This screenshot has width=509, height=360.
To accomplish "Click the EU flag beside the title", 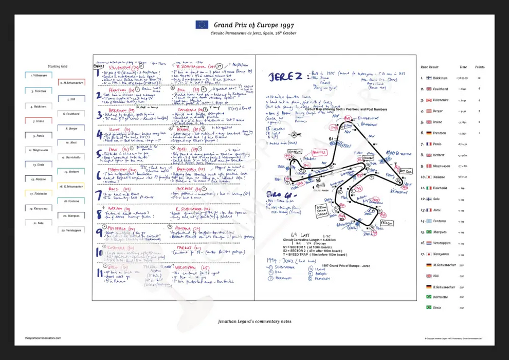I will point(202,24).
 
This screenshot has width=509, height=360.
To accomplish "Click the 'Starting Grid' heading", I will point(58,66).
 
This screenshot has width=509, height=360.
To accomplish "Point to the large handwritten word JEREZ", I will point(285,77).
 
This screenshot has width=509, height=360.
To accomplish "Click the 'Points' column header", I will point(480,67).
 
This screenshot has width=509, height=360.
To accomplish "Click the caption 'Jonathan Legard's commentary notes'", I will point(254,321).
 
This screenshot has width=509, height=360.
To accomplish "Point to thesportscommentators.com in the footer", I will point(43,338).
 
